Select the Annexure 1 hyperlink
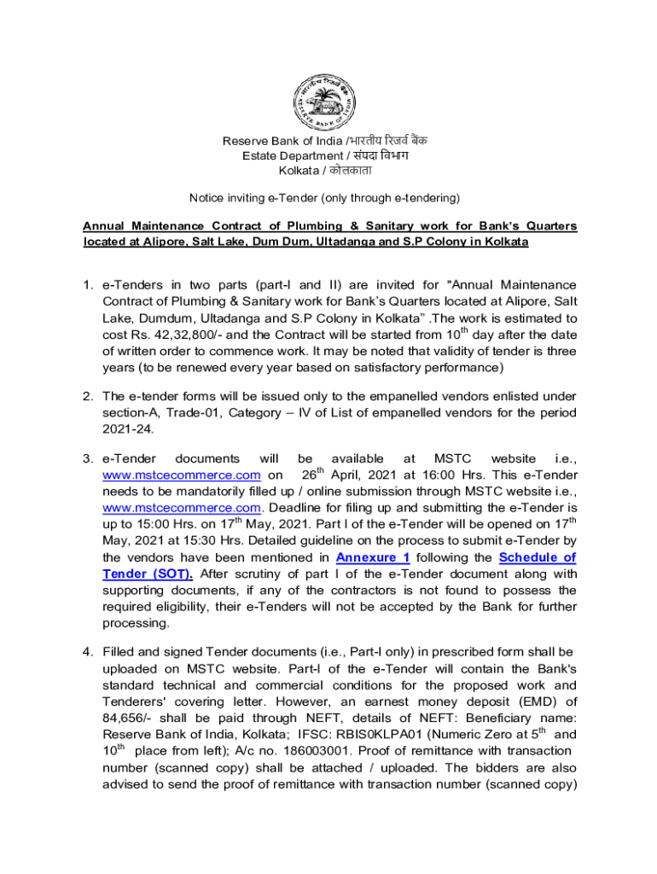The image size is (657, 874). tap(373, 558)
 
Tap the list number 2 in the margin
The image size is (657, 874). tap(88, 397)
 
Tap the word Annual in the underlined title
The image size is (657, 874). tap(103, 226)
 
